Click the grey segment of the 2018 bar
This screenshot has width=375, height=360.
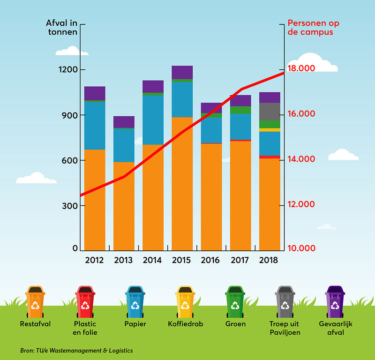coord(270,112)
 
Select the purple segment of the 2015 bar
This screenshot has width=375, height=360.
coord(182,72)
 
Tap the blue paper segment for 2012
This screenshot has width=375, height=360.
coord(95,125)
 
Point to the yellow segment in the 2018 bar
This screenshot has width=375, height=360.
coord(270,130)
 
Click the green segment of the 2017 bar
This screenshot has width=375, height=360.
coord(240,110)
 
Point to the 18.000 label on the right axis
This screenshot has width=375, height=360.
coord(301,68)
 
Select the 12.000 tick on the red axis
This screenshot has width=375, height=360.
coord(301,205)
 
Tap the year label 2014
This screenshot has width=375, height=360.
coord(153,260)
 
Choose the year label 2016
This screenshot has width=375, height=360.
coord(211,260)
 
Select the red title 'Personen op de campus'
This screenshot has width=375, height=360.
coord(313,27)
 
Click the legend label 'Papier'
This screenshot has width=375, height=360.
coord(135,324)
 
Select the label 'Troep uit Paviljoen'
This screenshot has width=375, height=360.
coord(285,328)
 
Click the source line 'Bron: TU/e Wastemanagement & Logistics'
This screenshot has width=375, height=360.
coord(76,350)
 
